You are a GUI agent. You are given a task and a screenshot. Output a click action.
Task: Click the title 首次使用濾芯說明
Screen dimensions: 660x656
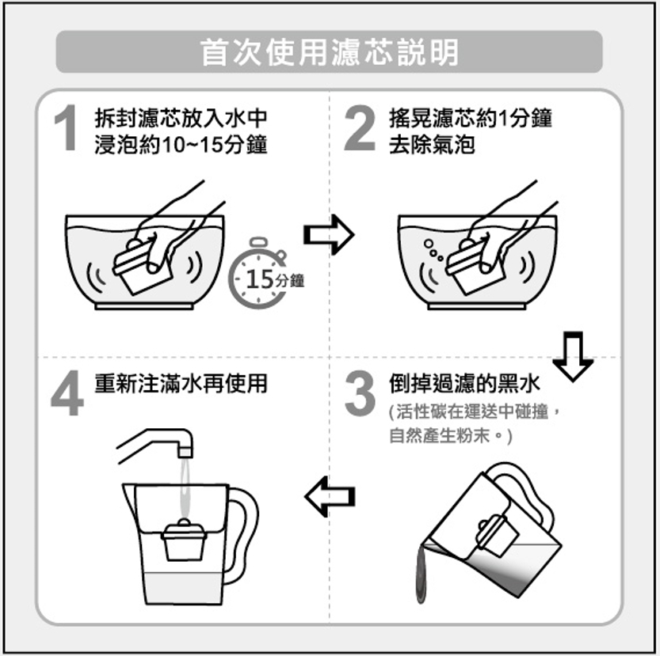pyautogui.click(x=330, y=52)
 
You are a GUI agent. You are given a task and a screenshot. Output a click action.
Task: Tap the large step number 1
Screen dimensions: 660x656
pyautogui.click(x=67, y=127)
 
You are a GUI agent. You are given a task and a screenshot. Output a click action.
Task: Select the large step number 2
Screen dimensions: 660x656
pyautogui.click(x=359, y=127)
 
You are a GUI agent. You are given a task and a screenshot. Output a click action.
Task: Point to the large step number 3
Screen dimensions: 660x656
pyautogui.click(x=360, y=393)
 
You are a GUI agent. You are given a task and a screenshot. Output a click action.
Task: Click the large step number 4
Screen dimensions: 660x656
pyautogui.click(x=67, y=393)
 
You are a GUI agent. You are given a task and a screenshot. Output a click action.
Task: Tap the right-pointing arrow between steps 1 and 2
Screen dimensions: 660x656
pyautogui.click(x=329, y=235)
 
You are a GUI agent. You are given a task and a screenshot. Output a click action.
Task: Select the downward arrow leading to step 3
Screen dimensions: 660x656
pyautogui.click(x=573, y=357)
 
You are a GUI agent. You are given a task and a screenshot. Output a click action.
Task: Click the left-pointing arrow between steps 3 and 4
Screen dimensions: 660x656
pyautogui.click(x=330, y=496)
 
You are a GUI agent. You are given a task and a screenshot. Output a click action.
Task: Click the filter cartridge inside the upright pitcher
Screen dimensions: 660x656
pyautogui.click(x=184, y=540)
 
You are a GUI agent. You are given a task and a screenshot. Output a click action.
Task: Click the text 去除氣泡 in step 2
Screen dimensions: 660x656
pyautogui.click(x=432, y=145)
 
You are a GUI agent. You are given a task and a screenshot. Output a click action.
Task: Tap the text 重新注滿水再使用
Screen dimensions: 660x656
pyautogui.click(x=181, y=384)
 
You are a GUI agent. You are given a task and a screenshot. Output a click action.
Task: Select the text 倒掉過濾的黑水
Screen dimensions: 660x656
pyautogui.click(x=464, y=384)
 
